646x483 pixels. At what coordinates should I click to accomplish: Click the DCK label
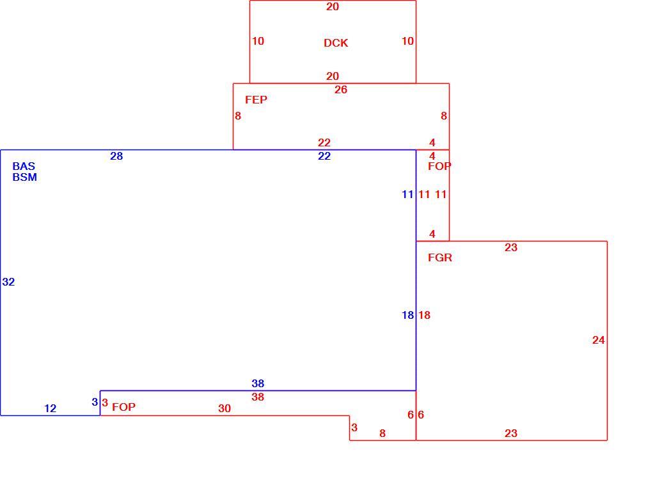tap(336, 43)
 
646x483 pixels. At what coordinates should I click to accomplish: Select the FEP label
tap(256, 100)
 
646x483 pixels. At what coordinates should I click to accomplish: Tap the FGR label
tap(440, 257)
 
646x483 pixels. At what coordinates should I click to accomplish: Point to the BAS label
tap(24, 166)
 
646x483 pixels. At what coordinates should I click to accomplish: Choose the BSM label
tap(25, 177)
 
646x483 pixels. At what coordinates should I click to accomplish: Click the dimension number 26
tap(341, 89)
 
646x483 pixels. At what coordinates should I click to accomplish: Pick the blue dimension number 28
tap(116, 156)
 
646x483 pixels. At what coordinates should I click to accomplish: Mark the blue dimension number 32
tap(9, 282)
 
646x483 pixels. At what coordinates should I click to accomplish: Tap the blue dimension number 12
tap(51, 408)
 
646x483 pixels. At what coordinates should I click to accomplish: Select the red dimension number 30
tap(225, 408)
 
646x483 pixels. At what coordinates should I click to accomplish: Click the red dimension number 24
tap(599, 341)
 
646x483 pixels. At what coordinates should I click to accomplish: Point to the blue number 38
tap(258, 383)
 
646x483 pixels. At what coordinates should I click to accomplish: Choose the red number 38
tap(258, 397)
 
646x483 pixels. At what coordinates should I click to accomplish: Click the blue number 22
tap(324, 156)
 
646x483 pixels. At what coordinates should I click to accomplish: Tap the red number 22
tap(324, 142)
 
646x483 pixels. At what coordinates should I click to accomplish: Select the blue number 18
tap(408, 315)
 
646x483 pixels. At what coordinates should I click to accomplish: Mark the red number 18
tap(424, 315)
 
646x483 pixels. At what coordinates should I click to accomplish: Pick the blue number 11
tap(408, 194)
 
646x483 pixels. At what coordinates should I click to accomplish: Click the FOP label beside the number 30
tap(123, 407)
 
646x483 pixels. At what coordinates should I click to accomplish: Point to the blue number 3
tap(95, 402)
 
